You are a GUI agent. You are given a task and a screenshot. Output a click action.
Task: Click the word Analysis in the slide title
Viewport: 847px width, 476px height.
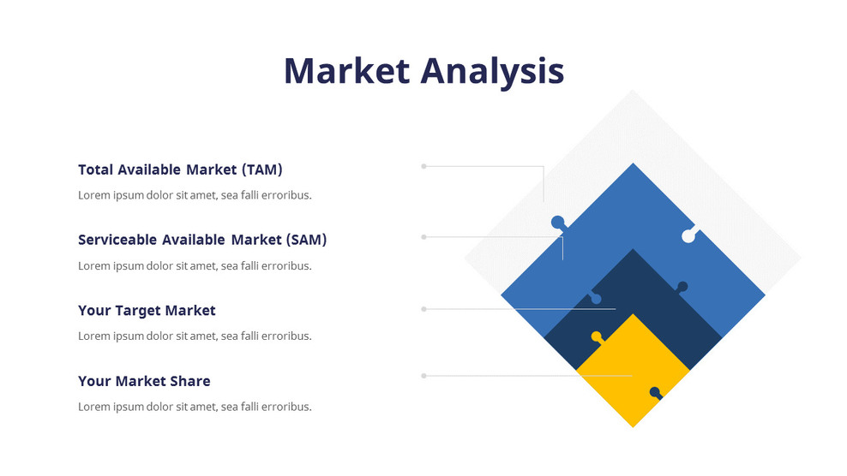coord(492,72)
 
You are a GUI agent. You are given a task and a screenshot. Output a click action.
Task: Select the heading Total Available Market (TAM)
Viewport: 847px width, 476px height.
coord(180,170)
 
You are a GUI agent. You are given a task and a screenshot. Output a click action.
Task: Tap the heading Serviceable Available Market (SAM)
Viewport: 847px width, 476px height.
coord(202,240)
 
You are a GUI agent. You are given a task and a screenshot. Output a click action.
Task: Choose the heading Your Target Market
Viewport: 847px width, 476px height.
coord(147,310)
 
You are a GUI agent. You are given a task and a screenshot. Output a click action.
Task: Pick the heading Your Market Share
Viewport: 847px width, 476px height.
coord(144,381)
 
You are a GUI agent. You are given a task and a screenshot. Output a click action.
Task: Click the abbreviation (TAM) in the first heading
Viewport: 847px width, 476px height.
coord(261,170)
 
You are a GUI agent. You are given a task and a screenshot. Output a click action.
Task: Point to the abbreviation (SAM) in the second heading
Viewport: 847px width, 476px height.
coord(306,240)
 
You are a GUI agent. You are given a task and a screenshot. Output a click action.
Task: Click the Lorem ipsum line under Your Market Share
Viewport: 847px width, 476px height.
coord(195,407)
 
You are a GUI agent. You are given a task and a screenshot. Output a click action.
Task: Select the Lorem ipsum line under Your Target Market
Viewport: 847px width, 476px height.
coord(195,336)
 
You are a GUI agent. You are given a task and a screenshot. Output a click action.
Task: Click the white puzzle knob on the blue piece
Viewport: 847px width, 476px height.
coord(688,235)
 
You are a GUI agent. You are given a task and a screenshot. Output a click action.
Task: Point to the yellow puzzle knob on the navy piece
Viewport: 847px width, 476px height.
coord(597,336)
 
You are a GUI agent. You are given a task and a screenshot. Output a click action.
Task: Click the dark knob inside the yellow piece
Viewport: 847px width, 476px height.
coord(655,392)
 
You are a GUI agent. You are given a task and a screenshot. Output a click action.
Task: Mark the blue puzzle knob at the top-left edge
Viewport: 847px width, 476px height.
coord(557,222)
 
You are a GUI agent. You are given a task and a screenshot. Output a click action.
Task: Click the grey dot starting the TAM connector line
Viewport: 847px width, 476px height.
coord(423,166)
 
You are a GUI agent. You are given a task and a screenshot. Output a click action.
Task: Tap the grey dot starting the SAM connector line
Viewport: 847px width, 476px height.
coord(423,237)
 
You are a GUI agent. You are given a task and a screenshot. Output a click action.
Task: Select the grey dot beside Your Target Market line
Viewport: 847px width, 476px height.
coord(423,309)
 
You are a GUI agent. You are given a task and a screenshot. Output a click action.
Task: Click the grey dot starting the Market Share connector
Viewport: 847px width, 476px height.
coord(423,375)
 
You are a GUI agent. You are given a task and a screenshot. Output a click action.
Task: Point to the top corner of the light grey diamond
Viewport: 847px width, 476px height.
coord(633,92)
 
